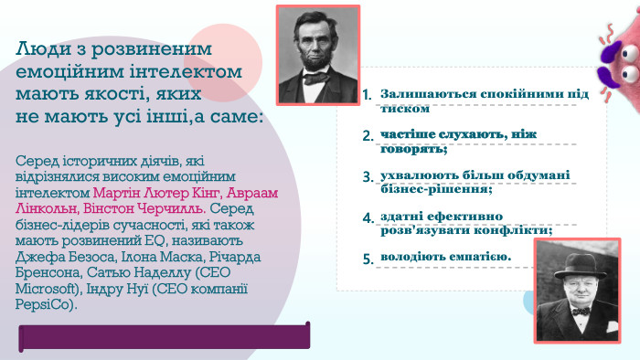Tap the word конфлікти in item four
pos(518,230)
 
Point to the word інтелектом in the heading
pos(190,70)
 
